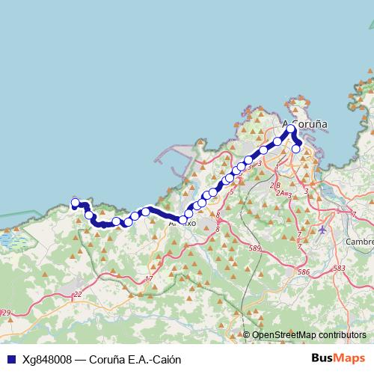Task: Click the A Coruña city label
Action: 304,124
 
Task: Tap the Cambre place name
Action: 359,242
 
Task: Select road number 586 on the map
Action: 304,272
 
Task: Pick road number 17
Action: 149,279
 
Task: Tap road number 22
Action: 78,295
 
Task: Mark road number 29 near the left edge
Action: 6,313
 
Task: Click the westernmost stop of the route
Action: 75,203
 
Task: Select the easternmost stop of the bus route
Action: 296,149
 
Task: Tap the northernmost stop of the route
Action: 291,129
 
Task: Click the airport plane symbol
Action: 322,230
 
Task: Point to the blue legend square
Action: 9,359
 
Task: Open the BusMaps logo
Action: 339,358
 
